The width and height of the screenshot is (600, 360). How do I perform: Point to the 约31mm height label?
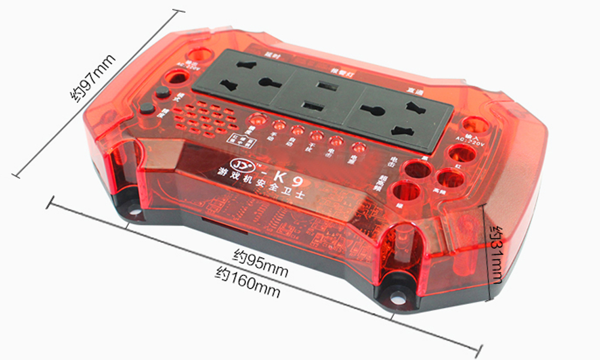coord(496,255)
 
